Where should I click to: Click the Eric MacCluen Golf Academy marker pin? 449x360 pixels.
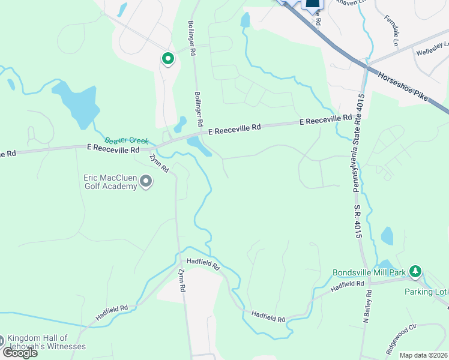tap(145, 182)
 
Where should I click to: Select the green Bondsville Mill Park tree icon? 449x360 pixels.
tap(415, 272)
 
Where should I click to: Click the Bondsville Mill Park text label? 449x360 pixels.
tap(369, 272)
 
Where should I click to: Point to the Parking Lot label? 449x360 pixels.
tap(426, 292)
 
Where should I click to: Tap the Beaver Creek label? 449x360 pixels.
tap(127, 140)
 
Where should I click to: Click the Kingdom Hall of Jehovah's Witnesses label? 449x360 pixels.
tap(47, 342)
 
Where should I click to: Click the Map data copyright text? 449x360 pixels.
tap(423, 355)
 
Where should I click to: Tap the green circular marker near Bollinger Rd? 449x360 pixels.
tap(167, 59)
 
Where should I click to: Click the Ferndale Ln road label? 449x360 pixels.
tap(391, 30)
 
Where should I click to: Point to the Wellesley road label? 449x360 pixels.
tap(433, 49)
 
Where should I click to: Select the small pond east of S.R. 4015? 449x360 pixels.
tap(387, 236)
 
